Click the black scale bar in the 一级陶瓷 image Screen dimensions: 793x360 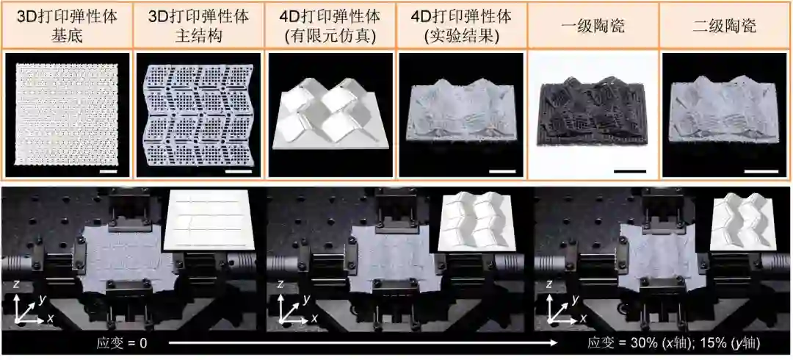click(630, 171)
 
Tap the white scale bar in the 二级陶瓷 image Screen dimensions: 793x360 click(761, 171)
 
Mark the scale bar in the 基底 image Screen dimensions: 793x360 click(109, 171)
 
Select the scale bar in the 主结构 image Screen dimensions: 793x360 click(237, 171)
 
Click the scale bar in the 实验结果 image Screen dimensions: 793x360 click(499, 171)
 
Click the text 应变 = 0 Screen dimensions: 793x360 click(121, 344)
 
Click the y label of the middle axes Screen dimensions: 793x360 click(306, 300)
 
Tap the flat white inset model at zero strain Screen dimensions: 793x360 click(207, 218)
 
